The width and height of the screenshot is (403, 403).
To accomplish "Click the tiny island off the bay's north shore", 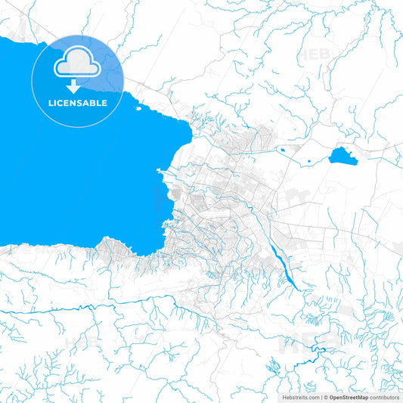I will click(140, 107).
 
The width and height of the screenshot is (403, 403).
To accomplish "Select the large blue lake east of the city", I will click(343, 157).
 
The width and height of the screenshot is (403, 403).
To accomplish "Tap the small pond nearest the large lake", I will click(308, 160).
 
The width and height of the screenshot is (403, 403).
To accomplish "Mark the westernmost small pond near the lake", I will click(282, 150).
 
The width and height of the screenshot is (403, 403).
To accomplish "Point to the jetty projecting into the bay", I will click(160, 173).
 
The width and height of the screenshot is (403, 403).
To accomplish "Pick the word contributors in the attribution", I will click(384, 396).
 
